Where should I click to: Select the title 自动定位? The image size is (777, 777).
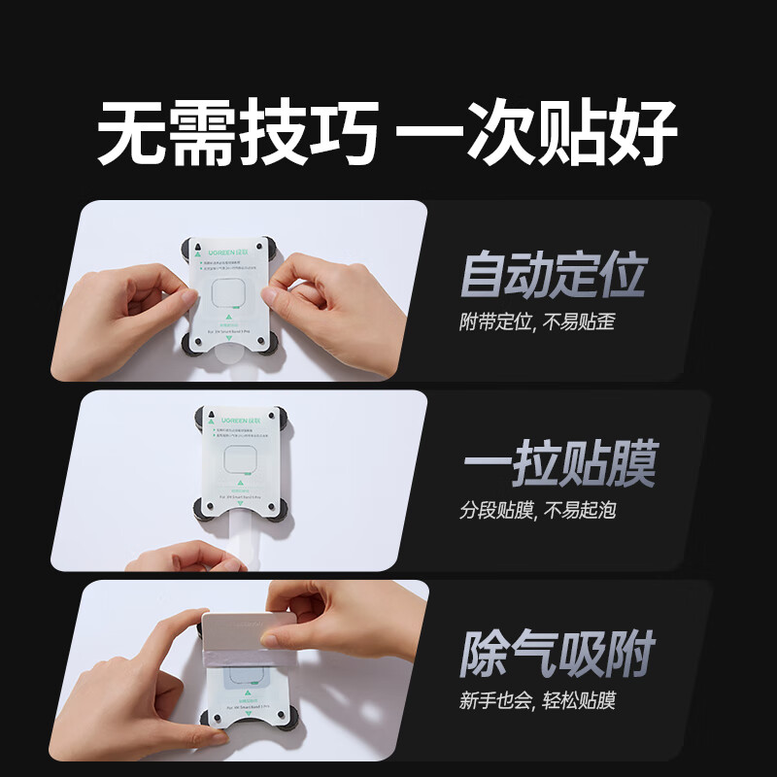click(x=552, y=275)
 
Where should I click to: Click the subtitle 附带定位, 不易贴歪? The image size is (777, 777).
click(x=536, y=321)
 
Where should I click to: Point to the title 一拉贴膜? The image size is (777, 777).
click(x=557, y=463)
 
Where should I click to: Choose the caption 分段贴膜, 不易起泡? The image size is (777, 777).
click(x=537, y=510)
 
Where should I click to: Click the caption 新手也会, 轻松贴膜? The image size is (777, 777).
click(x=537, y=699)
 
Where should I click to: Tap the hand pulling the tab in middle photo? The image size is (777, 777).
click(x=185, y=557)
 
